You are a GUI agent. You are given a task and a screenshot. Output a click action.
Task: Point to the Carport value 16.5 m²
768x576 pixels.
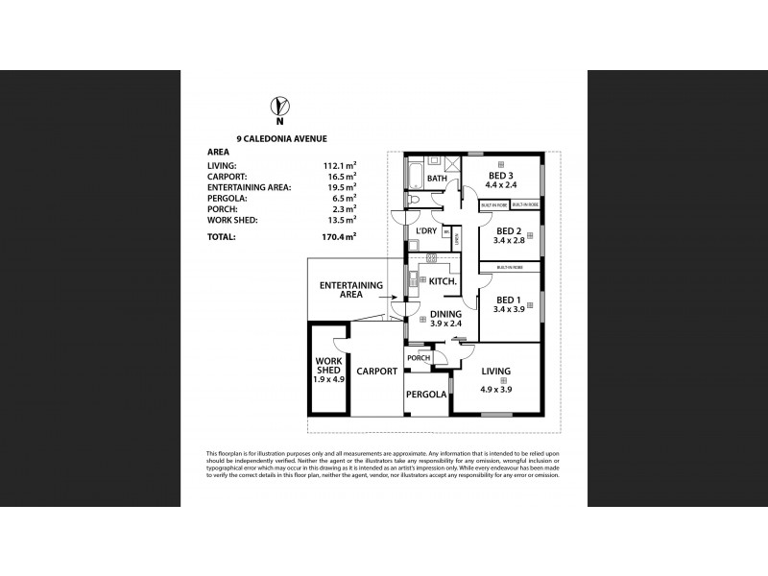tap(339, 176)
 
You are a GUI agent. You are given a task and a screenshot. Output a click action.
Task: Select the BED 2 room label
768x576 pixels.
tap(508, 231)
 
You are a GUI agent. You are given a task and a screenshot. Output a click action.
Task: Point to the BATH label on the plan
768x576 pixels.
tap(437, 179)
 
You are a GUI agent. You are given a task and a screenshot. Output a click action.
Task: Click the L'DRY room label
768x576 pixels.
tap(425, 231)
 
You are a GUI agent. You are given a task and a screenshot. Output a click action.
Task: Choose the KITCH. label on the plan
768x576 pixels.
tap(443, 281)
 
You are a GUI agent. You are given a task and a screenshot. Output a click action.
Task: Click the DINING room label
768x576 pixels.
tap(445, 313)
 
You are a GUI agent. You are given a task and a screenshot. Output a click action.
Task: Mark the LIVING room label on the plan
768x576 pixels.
tap(495, 372)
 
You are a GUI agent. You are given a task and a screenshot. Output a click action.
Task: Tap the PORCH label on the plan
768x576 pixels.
tap(419, 358)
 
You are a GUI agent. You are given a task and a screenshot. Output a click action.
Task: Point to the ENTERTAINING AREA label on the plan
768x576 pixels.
tap(351, 290)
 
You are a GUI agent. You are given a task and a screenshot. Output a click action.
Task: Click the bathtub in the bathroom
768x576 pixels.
tap(414, 177)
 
